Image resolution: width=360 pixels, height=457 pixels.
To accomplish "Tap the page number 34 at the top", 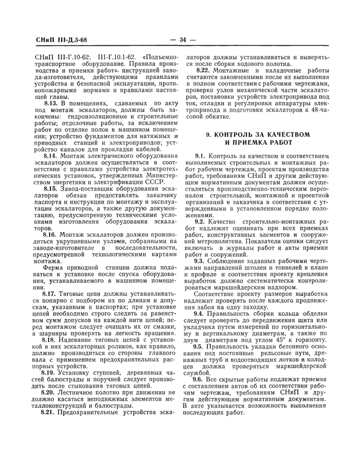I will (x=180, y=40).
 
